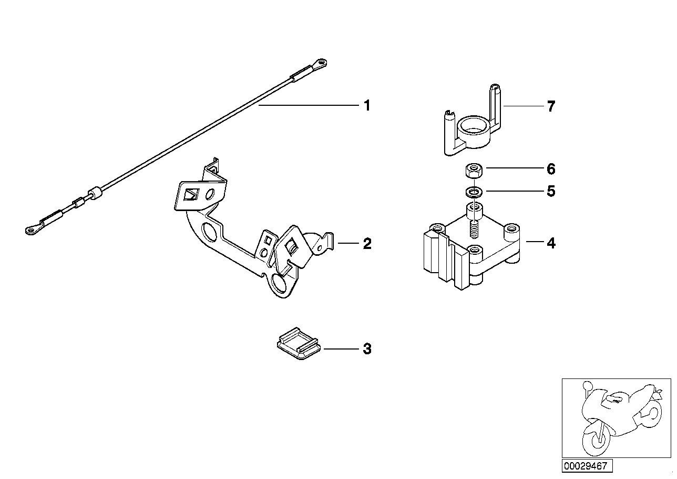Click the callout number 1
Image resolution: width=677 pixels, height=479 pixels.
click(x=367, y=106)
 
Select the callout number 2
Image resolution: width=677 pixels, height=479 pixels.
click(x=367, y=244)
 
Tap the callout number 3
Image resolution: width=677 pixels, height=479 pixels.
click(x=367, y=349)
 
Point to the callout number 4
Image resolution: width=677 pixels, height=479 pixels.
click(x=550, y=243)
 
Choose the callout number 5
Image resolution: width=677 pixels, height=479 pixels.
click(x=550, y=191)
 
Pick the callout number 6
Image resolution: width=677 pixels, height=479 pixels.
click(x=550, y=169)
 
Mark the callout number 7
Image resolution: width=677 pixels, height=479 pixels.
click(x=550, y=106)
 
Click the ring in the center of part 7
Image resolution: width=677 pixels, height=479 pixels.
click(x=471, y=126)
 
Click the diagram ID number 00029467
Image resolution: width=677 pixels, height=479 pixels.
click(x=586, y=466)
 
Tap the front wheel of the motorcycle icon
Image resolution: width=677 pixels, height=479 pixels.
click(x=595, y=437)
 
